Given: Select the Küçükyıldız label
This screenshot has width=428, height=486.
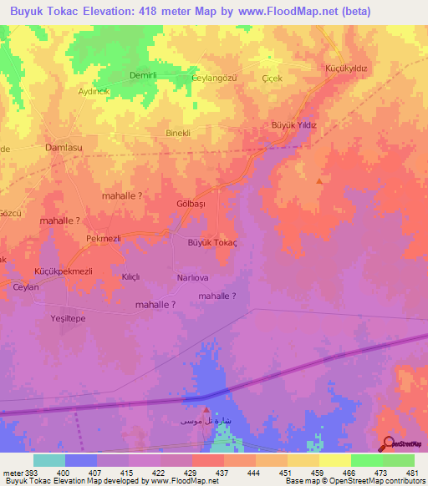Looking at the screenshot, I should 347,68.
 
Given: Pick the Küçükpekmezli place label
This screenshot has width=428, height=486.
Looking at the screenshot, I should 63,272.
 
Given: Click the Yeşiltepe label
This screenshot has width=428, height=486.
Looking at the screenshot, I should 69,319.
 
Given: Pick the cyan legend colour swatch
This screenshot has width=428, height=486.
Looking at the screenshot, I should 49,460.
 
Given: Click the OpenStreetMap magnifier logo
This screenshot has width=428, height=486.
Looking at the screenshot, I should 388,444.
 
